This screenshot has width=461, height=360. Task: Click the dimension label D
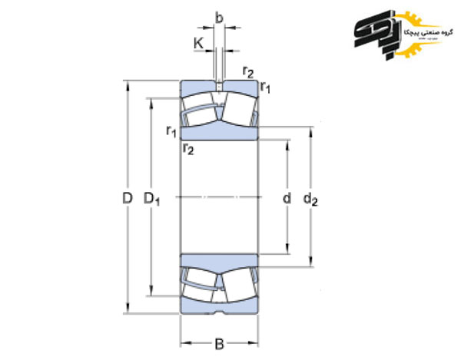click(x=128, y=199)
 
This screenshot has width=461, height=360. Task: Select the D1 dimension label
click(x=152, y=200)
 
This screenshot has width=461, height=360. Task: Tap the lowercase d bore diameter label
click(x=287, y=199)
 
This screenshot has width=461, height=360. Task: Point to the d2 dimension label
click(x=310, y=200)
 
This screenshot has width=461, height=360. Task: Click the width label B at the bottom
click(x=219, y=343)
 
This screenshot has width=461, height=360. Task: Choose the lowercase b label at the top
click(x=219, y=17)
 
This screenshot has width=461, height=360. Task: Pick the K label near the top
click(x=199, y=45)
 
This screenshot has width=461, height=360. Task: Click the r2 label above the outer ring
click(x=248, y=71)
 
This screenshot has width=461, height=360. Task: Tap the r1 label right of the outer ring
click(x=266, y=87)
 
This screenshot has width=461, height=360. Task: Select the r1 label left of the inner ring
click(x=171, y=130)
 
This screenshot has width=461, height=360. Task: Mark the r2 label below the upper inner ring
click(x=188, y=148)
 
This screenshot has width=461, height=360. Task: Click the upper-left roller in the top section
click(x=200, y=112)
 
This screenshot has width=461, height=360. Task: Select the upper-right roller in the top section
click(x=239, y=112)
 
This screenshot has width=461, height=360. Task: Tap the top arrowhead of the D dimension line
click(x=128, y=82)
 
